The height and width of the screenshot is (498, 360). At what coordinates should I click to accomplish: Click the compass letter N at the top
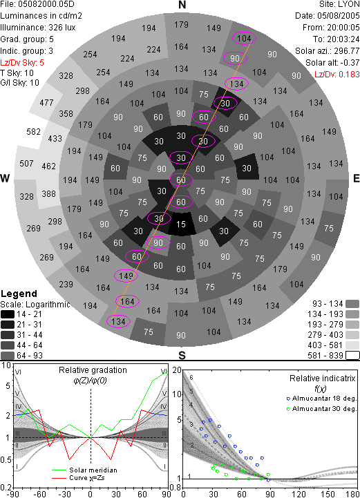(x=182, y=5)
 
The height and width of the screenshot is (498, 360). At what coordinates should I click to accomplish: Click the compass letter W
(x=5, y=178)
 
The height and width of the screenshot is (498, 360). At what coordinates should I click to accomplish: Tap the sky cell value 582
(x=33, y=131)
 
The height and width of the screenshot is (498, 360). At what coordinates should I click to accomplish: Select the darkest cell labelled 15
(x=181, y=224)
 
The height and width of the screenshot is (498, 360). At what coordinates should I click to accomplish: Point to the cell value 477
(x=46, y=103)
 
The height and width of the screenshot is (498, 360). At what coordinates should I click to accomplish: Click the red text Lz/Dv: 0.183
(x=337, y=75)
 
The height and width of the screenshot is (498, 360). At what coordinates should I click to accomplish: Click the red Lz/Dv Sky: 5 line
(x=22, y=63)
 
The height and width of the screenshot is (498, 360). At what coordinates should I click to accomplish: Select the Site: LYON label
(x=339, y=4)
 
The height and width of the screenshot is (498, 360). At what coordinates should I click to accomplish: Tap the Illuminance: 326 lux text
(x=38, y=28)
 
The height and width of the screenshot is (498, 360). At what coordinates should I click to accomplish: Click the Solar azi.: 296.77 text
(x=328, y=51)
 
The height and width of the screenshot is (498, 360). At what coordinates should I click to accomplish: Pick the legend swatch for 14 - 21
(x=8, y=314)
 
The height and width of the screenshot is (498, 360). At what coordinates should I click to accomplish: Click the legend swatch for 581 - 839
(x=352, y=355)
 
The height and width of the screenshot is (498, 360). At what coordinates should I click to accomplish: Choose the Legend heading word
(x=19, y=294)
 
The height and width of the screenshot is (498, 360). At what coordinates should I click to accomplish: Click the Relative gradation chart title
(x=93, y=370)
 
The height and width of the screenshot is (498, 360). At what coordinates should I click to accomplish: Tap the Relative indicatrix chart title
(x=323, y=379)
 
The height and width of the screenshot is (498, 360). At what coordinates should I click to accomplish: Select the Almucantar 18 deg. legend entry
(x=321, y=399)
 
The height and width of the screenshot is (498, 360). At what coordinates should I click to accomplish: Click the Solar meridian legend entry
(x=84, y=470)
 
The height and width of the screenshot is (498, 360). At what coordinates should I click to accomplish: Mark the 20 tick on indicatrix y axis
(x=177, y=370)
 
